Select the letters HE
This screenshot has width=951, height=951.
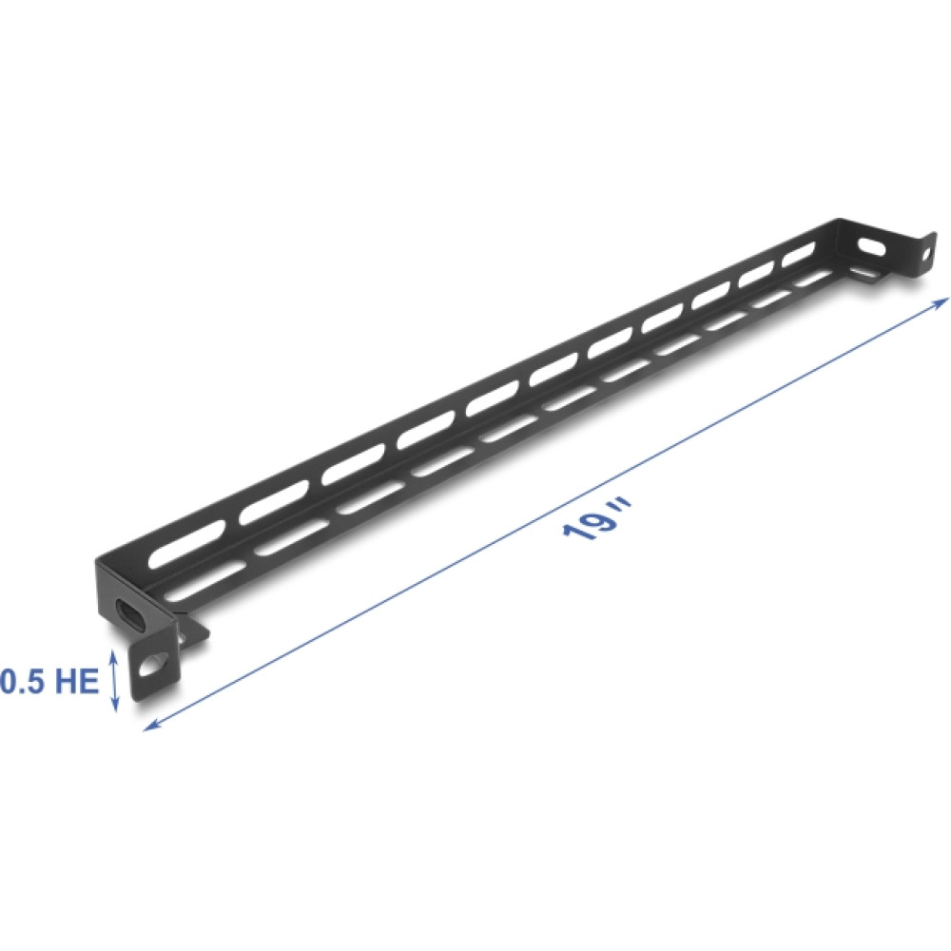pos(76,682)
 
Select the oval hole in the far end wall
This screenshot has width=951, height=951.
pos(872,244)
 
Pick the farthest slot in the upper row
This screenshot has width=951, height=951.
pos(800,253)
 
